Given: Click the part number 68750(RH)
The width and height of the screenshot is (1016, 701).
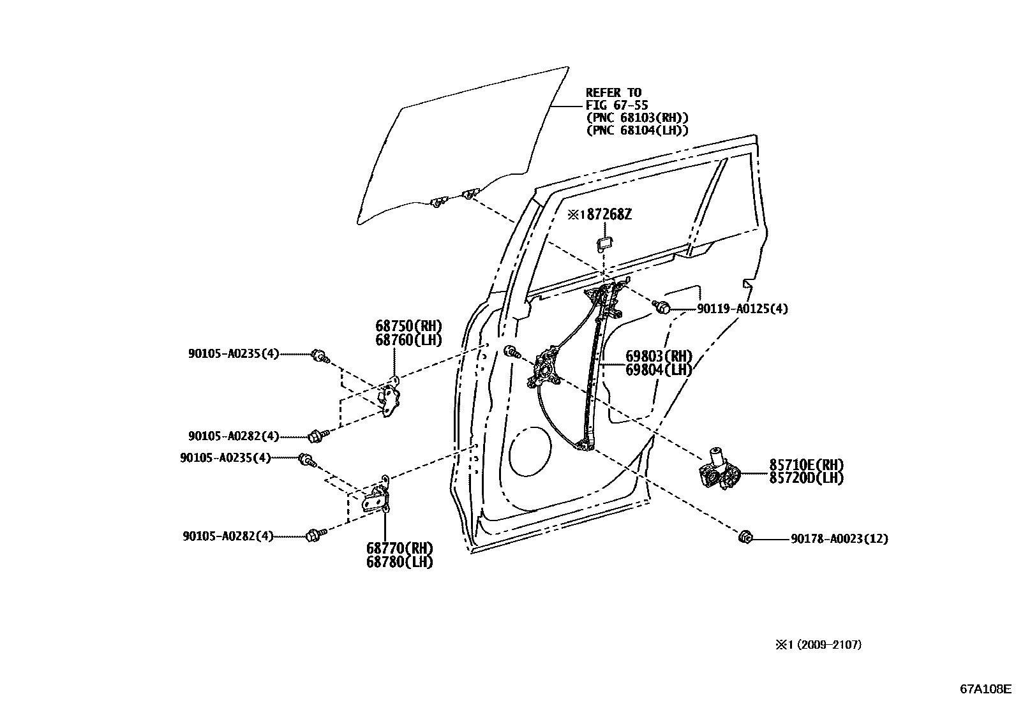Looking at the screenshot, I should coord(408,327).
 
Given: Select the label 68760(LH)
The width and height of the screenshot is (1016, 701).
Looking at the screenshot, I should coord(408,340).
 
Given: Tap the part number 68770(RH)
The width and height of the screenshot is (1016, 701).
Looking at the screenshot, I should coord(400,549).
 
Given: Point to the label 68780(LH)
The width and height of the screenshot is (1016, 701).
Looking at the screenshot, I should coord(400,562).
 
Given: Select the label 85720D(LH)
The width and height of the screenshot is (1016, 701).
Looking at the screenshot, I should coord(806,478).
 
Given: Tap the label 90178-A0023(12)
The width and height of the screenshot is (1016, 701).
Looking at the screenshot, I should coord(839,539).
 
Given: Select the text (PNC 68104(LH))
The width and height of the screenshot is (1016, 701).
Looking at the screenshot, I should coord(638,130).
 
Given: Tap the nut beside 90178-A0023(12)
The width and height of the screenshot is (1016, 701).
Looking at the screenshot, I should coord(743,538).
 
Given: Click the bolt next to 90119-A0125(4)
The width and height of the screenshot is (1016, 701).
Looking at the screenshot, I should coord(663,308).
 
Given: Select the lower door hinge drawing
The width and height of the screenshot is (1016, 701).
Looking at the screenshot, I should coord(378,497).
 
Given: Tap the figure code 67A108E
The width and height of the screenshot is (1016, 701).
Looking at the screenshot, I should coord(986,690).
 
